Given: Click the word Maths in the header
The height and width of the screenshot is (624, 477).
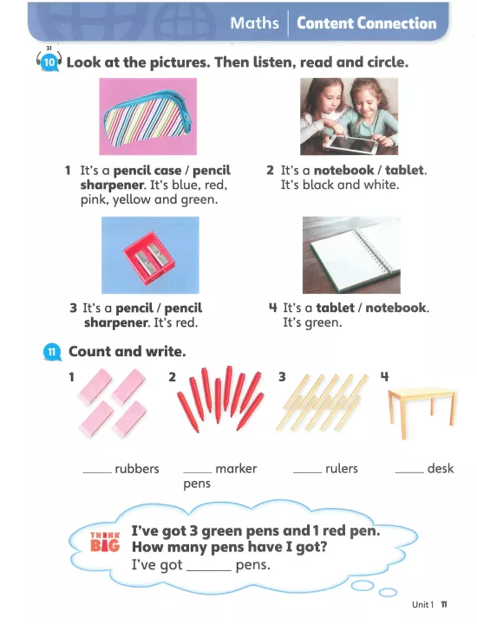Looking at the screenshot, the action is pyautogui.click(x=254, y=23).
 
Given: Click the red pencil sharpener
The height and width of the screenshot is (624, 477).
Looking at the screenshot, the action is pyautogui.click(x=148, y=258).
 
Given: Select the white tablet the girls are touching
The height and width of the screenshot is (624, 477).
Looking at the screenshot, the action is pyautogui.click(x=350, y=143).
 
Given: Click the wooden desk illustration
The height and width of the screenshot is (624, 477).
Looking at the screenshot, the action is pyautogui.click(x=421, y=413).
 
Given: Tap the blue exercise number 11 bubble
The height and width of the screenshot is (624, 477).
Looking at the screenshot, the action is pyautogui.click(x=52, y=352).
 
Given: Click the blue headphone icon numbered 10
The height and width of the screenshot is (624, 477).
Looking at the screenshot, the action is pyautogui.click(x=49, y=62).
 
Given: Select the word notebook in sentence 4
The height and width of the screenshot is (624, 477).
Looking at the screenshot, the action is pyautogui.click(x=395, y=308).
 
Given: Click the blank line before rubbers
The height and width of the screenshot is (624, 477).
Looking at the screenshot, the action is pyautogui.click(x=97, y=472).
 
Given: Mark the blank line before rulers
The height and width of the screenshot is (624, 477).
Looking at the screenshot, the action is pyautogui.click(x=307, y=472).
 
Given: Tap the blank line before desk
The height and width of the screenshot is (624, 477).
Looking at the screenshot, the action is pyautogui.click(x=409, y=472).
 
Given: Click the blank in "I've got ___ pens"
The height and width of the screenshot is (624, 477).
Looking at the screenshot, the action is pyautogui.click(x=209, y=570).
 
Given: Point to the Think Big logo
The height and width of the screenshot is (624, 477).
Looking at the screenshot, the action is pyautogui.click(x=105, y=542).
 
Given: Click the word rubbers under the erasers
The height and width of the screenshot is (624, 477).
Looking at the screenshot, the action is pyautogui.click(x=137, y=469).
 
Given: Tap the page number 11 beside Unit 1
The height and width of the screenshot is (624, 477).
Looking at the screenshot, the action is pyautogui.click(x=444, y=605).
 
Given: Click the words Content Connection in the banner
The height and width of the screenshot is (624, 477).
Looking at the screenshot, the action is pyautogui.click(x=366, y=23).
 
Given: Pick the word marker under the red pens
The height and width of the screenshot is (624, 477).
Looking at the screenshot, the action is pyautogui.click(x=236, y=469).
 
